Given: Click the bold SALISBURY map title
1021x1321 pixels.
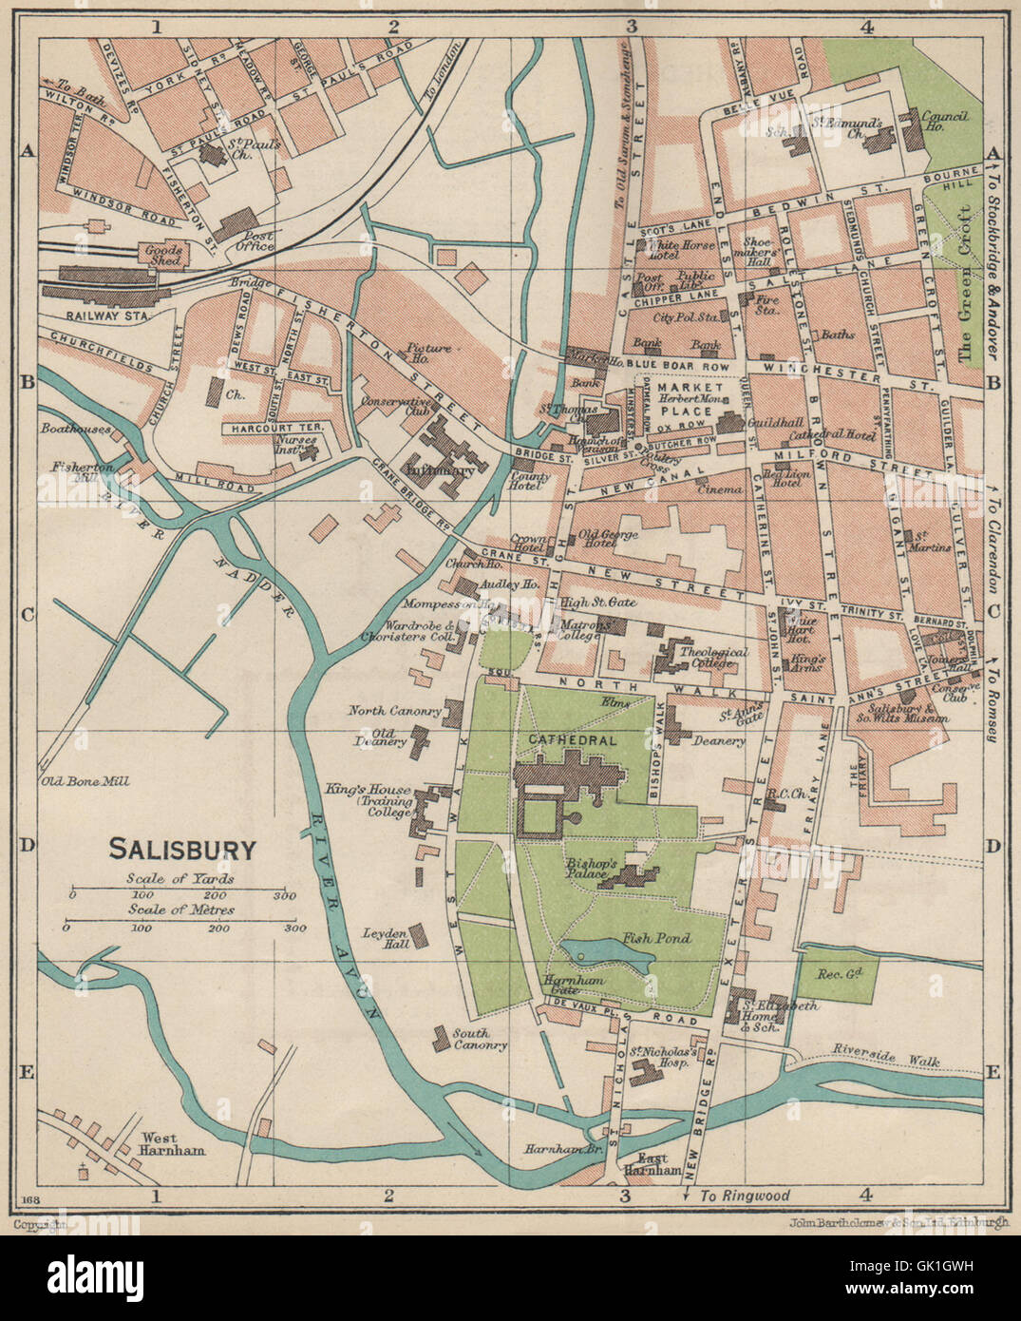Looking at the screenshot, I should point(182,848).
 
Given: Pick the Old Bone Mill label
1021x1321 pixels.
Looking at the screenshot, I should point(84,782).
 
